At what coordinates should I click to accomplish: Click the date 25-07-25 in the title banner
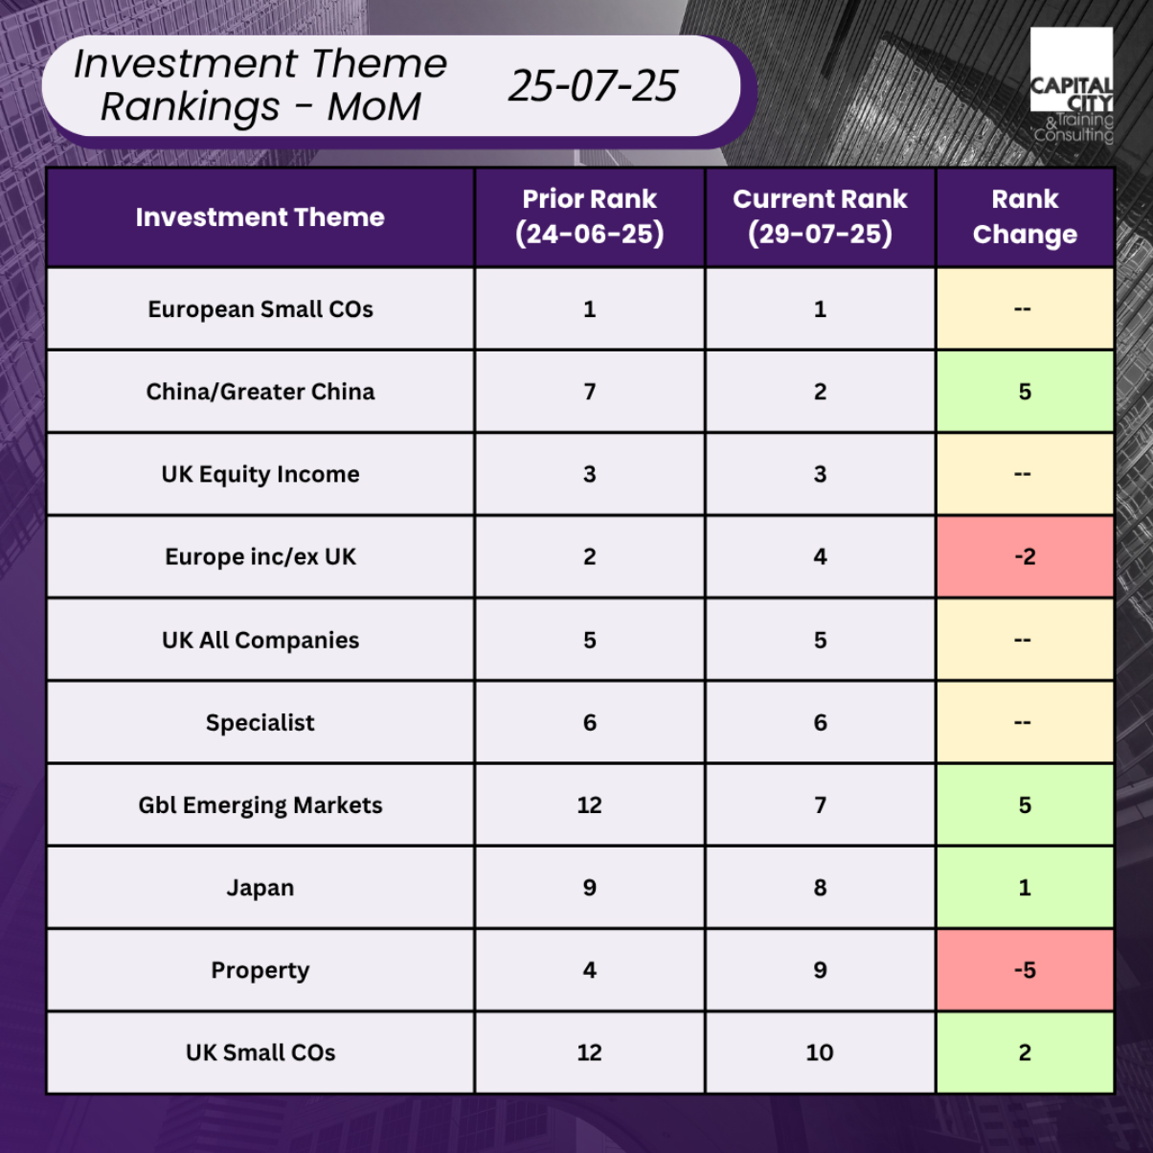coord(593,85)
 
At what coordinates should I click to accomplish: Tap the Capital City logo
coord(1071,84)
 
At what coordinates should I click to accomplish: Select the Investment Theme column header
coord(260,216)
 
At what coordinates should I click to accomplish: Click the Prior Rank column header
coord(589,216)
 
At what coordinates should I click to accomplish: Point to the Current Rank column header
coord(820,216)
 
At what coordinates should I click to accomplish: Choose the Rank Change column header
coord(1025,216)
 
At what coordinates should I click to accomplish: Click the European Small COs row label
coord(260,309)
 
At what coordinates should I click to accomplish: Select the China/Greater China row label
coord(260,392)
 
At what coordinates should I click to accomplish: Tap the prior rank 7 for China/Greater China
coord(589,392)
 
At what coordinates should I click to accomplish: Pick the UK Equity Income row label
coord(260,474)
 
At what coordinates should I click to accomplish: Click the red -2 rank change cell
coord(1025,556)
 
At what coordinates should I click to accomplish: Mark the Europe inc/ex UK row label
coord(260,557)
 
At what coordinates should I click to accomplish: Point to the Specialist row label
coord(260,723)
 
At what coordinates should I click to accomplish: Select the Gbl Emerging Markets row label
coord(260,805)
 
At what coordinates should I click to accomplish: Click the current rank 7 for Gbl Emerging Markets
coord(820,805)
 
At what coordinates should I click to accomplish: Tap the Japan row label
coord(260,888)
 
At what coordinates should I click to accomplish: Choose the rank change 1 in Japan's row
coord(1025,888)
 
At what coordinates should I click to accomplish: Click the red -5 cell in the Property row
coord(1025,970)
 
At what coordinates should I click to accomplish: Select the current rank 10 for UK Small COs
coord(820,1052)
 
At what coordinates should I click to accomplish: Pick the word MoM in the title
coord(374,107)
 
